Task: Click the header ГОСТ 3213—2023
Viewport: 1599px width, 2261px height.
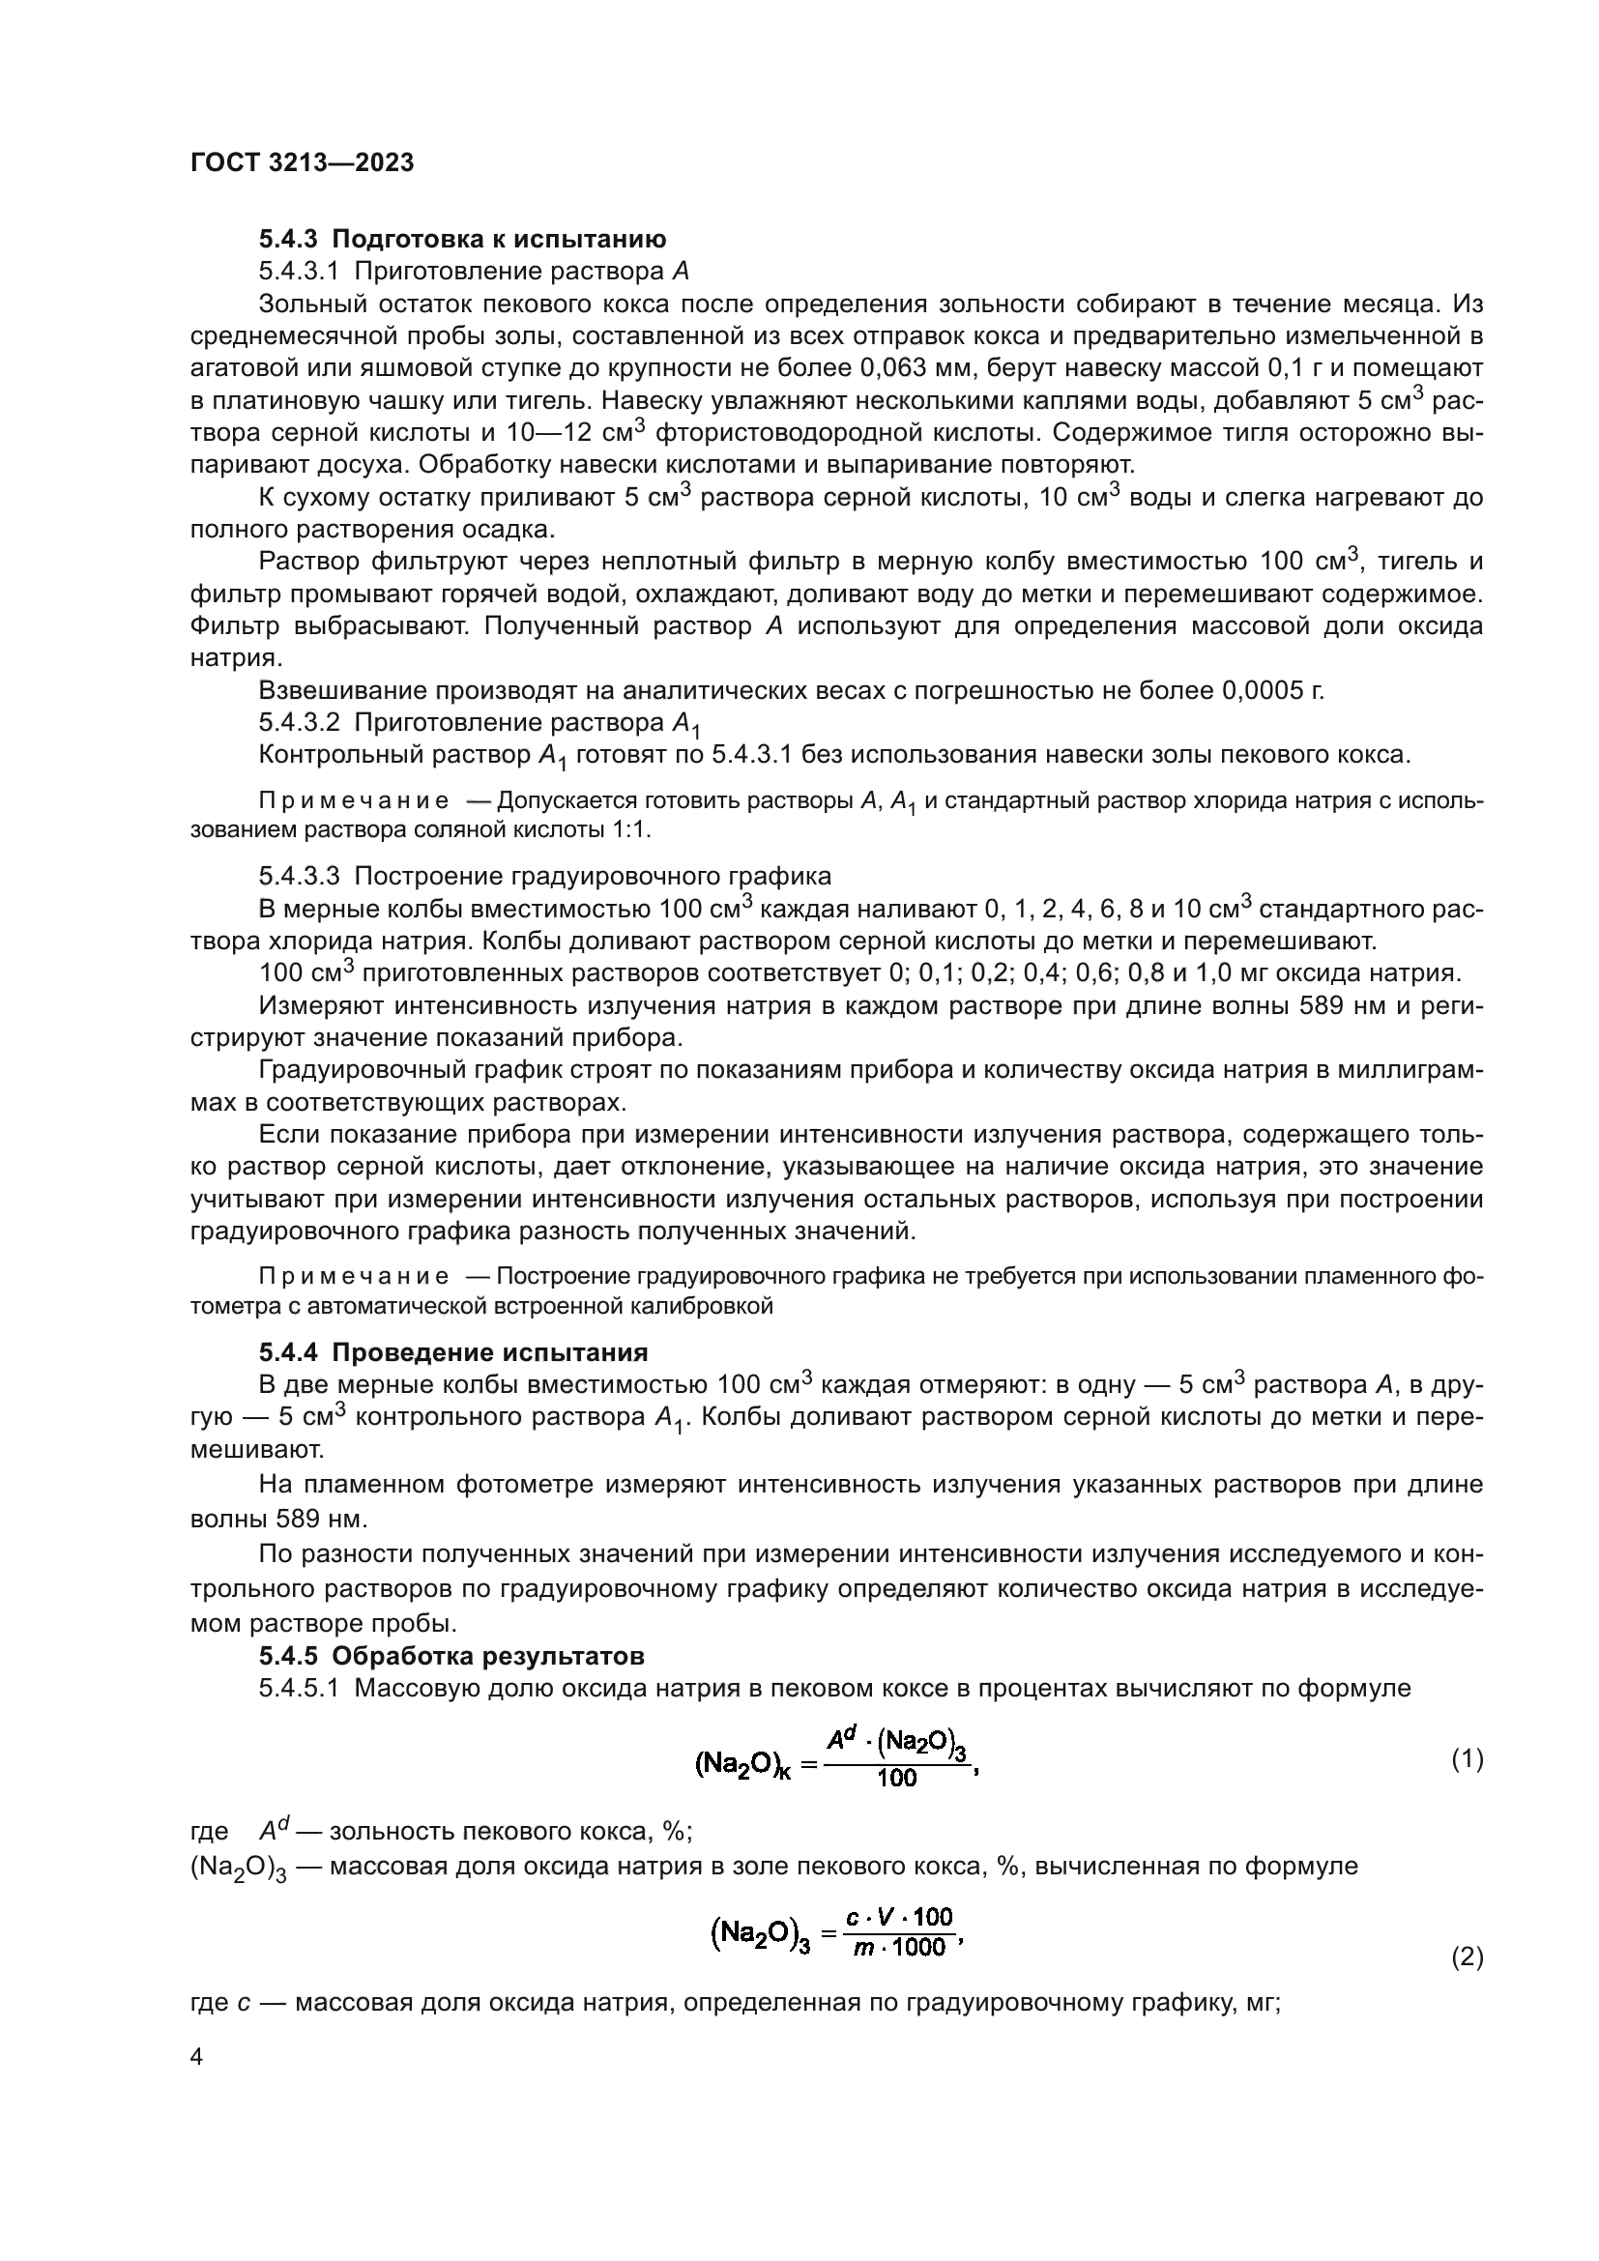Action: [x=302, y=163]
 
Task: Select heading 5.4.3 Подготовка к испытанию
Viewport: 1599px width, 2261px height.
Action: [x=462, y=240]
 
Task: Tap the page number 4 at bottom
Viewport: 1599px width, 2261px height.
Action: [x=196, y=2057]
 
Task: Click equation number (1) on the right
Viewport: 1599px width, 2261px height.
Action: [x=1468, y=1758]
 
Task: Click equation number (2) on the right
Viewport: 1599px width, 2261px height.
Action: [x=1468, y=1957]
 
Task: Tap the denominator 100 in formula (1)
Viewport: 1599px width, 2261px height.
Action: [x=896, y=1779]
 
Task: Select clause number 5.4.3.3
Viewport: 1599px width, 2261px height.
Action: [x=300, y=877]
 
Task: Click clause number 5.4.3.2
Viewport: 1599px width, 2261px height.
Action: [x=300, y=723]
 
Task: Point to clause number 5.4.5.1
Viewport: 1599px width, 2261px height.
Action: [x=300, y=1688]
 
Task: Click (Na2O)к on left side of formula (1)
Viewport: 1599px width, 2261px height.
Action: [x=742, y=1765]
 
